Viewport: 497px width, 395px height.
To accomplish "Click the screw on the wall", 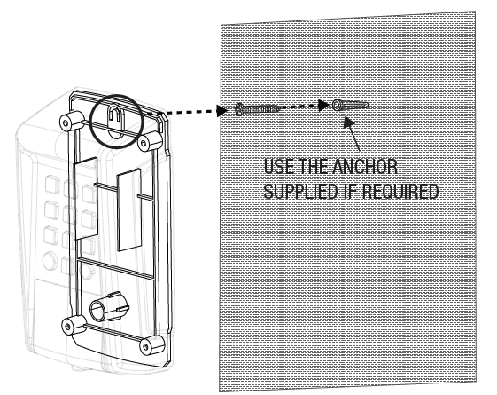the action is pyautogui.click(x=257, y=109).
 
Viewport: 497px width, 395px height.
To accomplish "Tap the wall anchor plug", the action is pyautogui.click(x=350, y=105).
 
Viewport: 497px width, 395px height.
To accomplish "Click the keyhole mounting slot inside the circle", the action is pyautogui.click(x=115, y=121).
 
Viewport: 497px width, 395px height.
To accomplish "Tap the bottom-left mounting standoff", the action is pyautogui.click(x=74, y=325).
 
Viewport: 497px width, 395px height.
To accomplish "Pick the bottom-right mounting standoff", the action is pyautogui.click(x=152, y=344).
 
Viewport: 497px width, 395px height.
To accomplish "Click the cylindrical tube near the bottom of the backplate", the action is pyautogui.click(x=109, y=305).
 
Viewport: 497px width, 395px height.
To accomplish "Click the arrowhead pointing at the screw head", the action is pyautogui.click(x=221, y=111).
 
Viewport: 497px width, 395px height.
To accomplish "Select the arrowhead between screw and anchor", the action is pyautogui.click(x=323, y=105).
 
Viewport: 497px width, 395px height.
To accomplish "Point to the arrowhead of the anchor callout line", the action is pyautogui.click(x=349, y=122).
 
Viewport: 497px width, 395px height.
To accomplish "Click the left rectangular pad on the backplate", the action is pyautogui.click(x=85, y=198).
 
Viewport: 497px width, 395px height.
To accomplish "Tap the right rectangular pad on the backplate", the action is pyautogui.click(x=129, y=209).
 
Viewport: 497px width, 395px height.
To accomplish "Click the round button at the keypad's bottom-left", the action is pyautogui.click(x=50, y=261).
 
